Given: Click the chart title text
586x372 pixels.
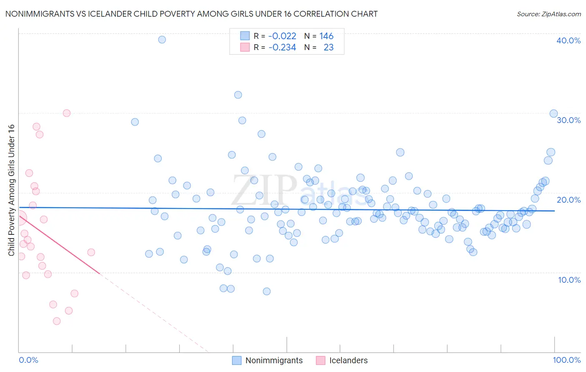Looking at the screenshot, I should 191,14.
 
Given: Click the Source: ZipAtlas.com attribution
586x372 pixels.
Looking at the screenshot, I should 548,14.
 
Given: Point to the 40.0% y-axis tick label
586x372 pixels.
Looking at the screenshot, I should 568,40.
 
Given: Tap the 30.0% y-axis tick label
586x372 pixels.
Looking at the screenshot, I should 568,120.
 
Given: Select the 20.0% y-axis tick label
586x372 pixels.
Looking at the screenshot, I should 568,200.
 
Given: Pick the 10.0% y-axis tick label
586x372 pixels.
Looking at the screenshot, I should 569,280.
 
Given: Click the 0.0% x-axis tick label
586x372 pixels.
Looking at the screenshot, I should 28,360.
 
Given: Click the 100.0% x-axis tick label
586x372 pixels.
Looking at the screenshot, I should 566,360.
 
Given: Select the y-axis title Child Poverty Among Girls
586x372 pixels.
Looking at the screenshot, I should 11,190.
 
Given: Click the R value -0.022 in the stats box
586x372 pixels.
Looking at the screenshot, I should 282,36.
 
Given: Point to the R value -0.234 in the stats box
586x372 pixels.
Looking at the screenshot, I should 282,48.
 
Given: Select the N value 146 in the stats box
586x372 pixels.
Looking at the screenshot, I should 326,36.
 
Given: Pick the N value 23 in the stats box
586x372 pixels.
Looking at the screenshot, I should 328,48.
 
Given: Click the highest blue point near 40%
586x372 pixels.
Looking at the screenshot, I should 162,40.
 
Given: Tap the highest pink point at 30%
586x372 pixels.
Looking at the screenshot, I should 67,113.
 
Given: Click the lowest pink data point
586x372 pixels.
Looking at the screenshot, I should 57,321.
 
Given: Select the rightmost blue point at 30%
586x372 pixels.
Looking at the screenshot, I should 553,114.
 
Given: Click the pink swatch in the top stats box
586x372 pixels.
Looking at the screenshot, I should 245,48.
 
